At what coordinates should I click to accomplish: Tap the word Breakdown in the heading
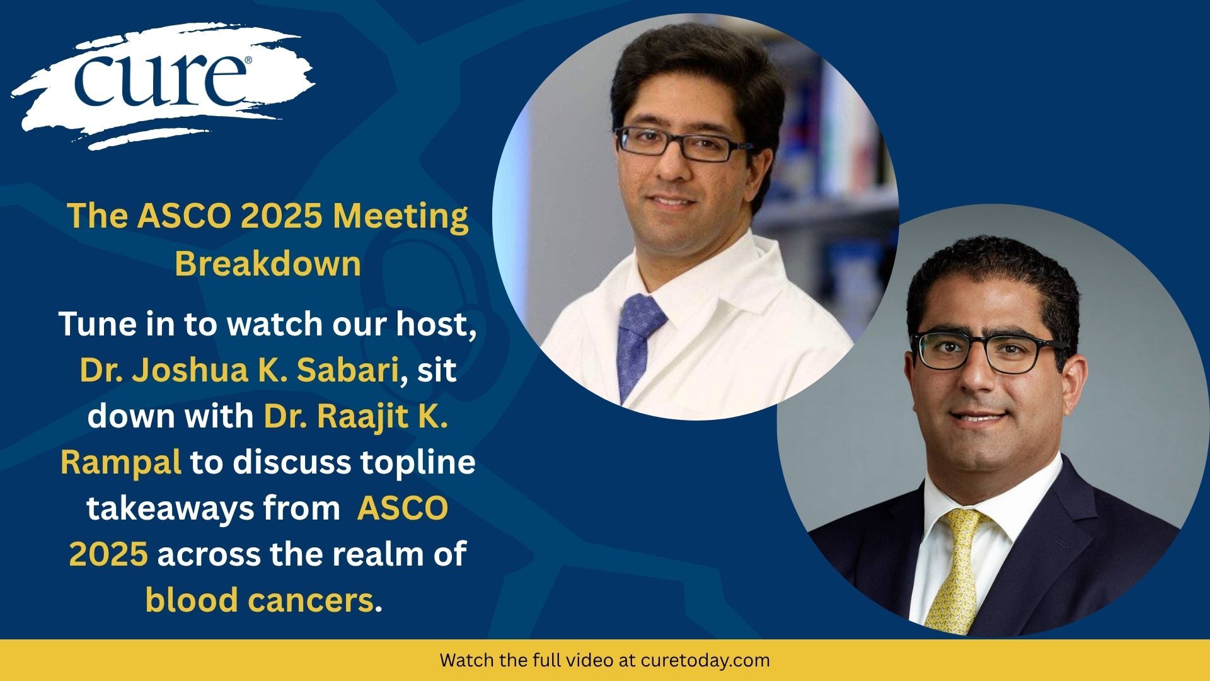[x=268, y=264]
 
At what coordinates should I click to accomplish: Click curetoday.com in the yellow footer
[x=705, y=661]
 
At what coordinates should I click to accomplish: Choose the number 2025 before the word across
[x=108, y=554]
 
